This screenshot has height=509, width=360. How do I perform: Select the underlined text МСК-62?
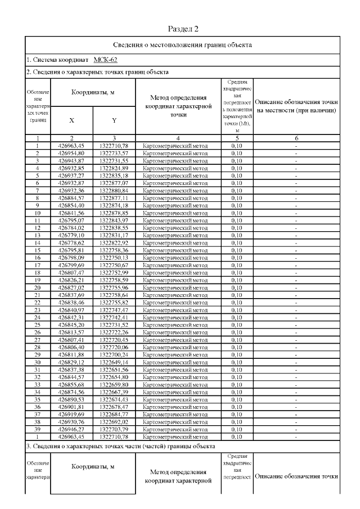tap(105, 59)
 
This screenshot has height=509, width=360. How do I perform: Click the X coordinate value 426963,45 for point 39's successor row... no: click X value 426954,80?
tap(71, 152)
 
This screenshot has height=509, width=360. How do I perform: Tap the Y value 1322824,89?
tap(114, 168)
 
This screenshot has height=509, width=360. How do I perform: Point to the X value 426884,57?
tap(71, 198)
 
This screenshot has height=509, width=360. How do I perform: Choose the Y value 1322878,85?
tap(114, 213)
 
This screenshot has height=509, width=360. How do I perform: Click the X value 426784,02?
tap(71, 228)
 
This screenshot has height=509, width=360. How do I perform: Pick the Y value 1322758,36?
tap(114, 249)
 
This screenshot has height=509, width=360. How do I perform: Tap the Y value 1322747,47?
tap(114, 310)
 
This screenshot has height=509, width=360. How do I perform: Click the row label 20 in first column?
tap(37, 287)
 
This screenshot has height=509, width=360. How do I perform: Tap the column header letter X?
tap(71, 120)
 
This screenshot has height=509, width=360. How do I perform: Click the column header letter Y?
tap(114, 120)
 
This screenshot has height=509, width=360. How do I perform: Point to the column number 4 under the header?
tap(178, 138)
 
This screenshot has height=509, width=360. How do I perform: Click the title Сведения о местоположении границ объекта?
tap(183, 44)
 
